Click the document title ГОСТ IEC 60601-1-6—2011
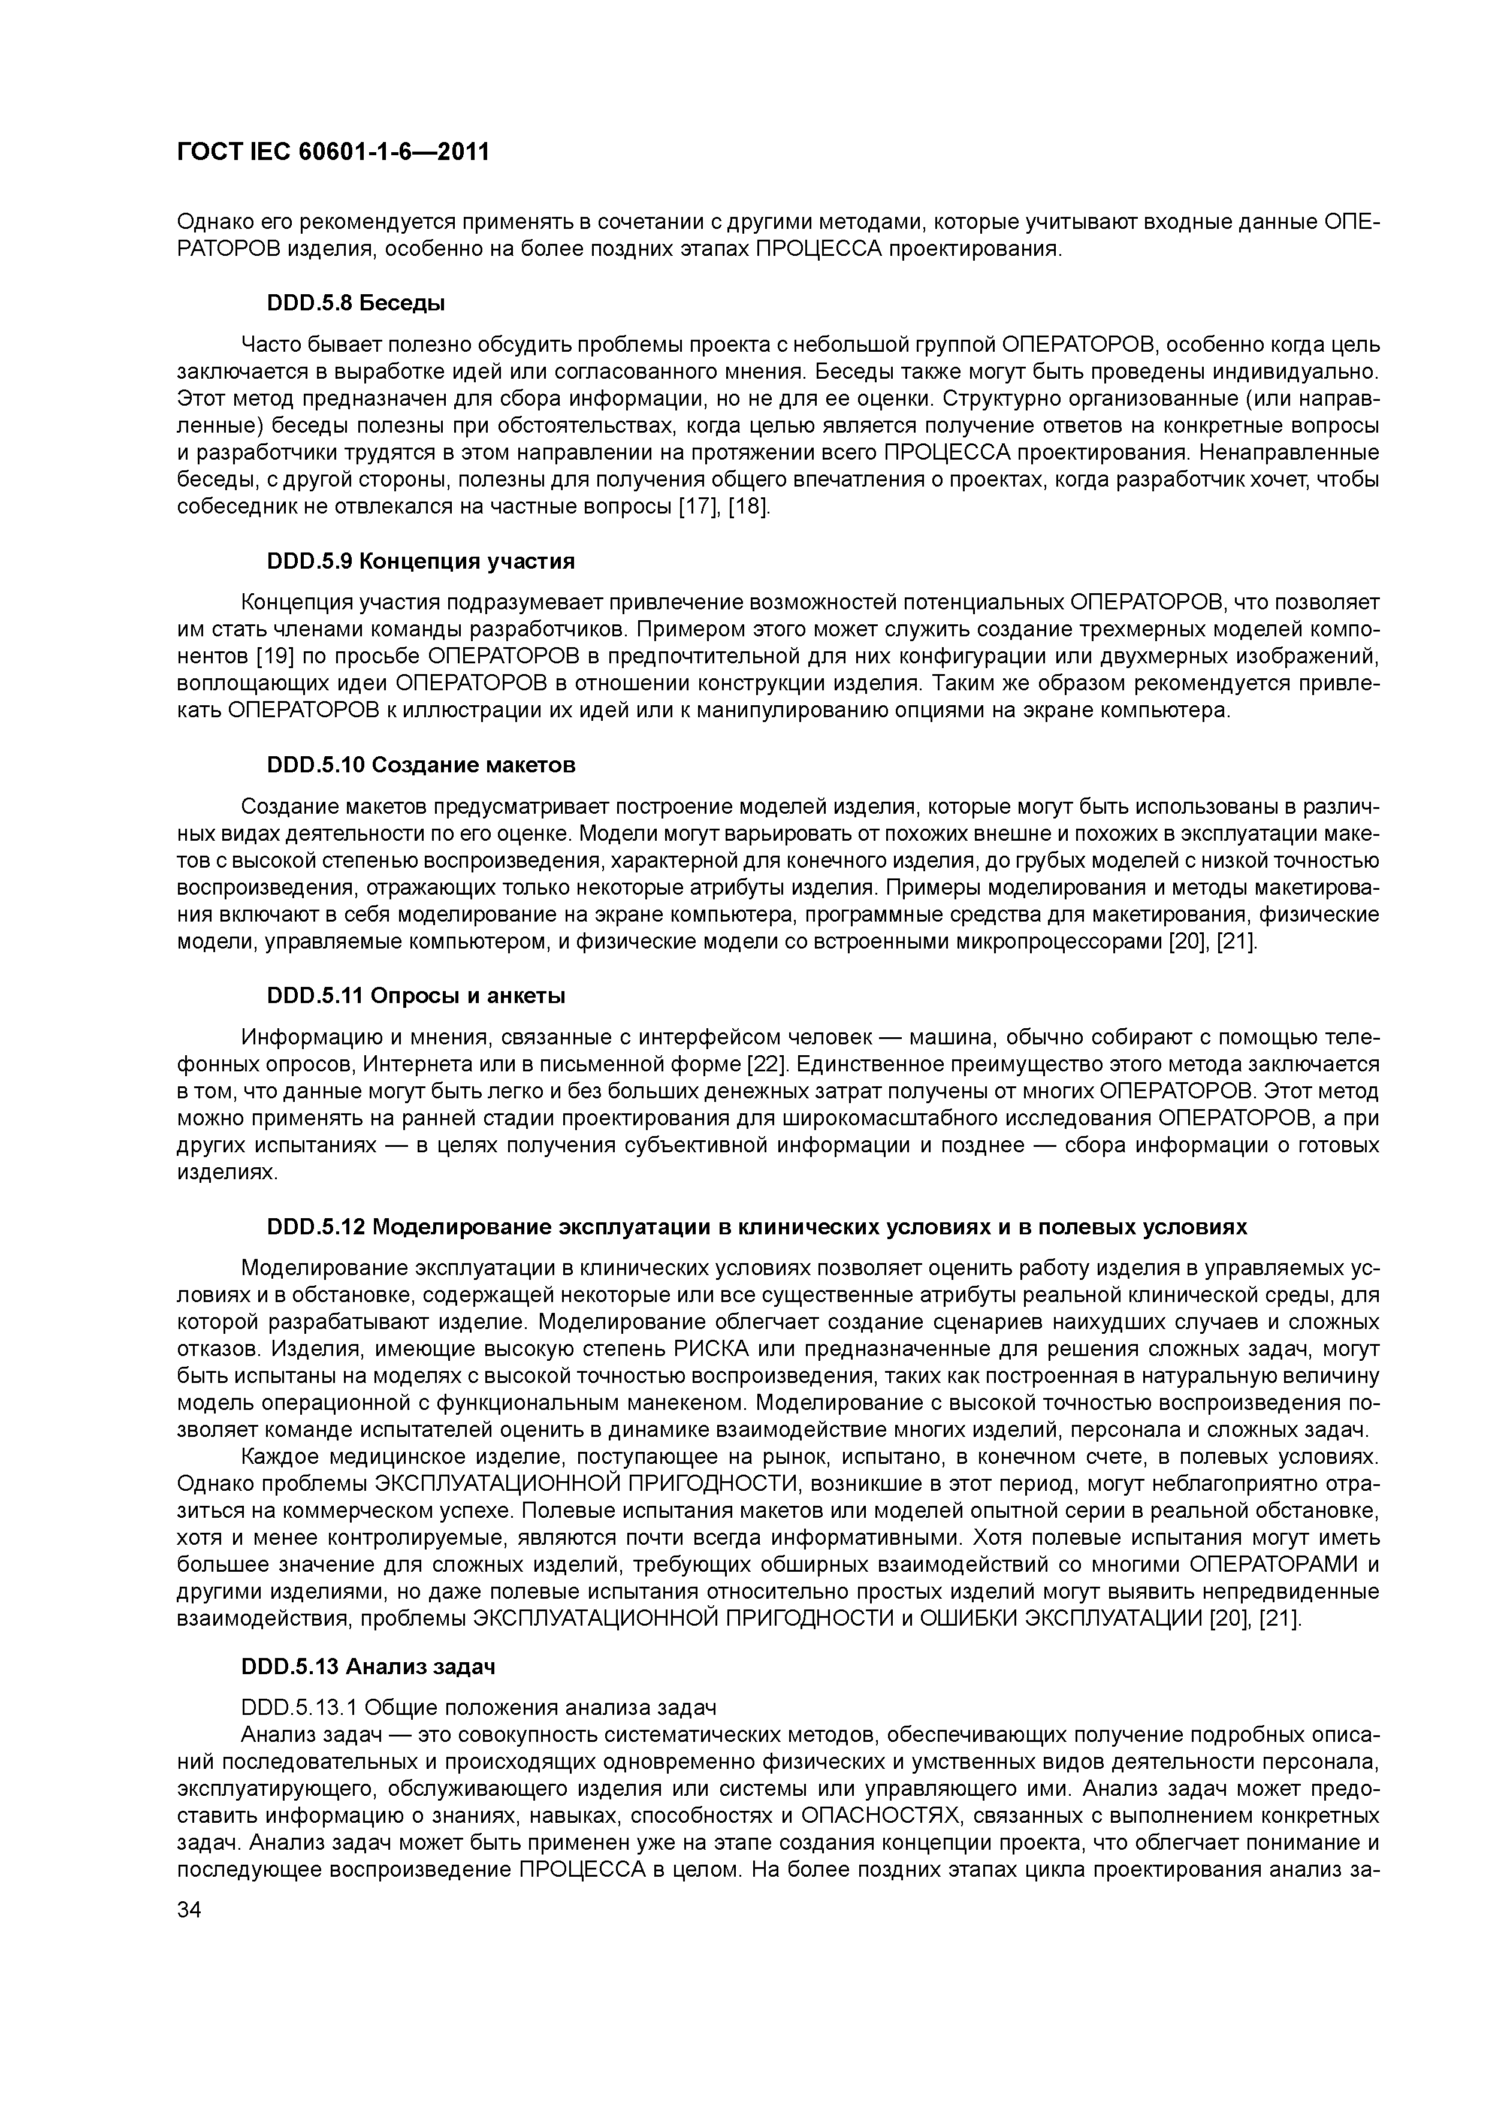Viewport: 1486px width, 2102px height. pyautogui.click(x=333, y=152)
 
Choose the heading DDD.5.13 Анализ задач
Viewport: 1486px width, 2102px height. pyautogui.click(x=368, y=1667)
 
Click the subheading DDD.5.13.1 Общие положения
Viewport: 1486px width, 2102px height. pyautogui.click(x=478, y=1707)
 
